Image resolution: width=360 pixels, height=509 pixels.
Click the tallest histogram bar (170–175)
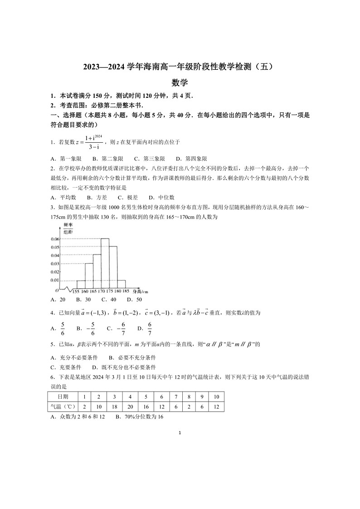click(x=105, y=263)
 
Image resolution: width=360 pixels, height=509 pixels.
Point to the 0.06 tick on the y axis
click(x=54, y=238)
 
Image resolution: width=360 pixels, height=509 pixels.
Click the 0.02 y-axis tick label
click(x=54, y=271)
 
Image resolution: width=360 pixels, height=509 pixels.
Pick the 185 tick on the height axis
click(x=126, y=291)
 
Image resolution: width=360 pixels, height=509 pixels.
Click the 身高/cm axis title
click(x=141, y=291)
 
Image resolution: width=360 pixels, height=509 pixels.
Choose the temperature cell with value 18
click(x=114, y=407)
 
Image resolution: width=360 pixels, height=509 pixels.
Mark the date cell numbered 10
click(x=216, y=397)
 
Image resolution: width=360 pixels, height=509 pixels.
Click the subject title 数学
click(x=180, y=82)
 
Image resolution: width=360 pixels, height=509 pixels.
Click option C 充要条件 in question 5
click(x=66, y=367)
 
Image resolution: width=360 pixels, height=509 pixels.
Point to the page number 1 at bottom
click(x=180, y=433)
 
